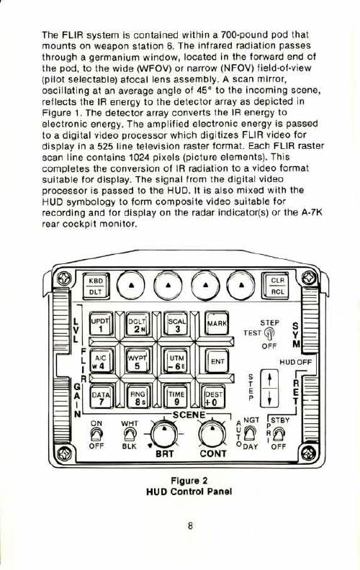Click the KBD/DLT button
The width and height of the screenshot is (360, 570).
[x=96, y=286]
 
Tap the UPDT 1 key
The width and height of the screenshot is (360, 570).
[x=101, y=325]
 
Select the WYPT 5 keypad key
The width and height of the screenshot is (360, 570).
[x=137, y=361]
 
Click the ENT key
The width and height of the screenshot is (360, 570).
[x=217, y=361]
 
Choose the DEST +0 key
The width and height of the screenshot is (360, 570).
[x=213, y=397]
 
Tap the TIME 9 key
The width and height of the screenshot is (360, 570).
[x=176, y=397]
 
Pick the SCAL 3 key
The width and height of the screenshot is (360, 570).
[x=176, y=324]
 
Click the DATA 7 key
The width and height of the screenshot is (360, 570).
[x=101, y=397]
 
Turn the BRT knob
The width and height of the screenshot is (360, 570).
[x=164, y=434]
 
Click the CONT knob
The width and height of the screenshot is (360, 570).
[x=212, y=434]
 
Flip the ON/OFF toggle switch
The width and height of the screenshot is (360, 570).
[x=96, y=433]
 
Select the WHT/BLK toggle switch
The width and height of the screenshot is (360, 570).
[x=129, y=433]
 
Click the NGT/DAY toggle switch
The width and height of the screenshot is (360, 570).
[x=249, y=433]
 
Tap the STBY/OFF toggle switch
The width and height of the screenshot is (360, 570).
[x=279, y=434]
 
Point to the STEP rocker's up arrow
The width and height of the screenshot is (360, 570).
[x=269, y=379]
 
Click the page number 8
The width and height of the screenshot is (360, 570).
[x=190, y=525]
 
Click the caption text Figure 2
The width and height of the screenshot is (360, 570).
[x=189, y=481]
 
